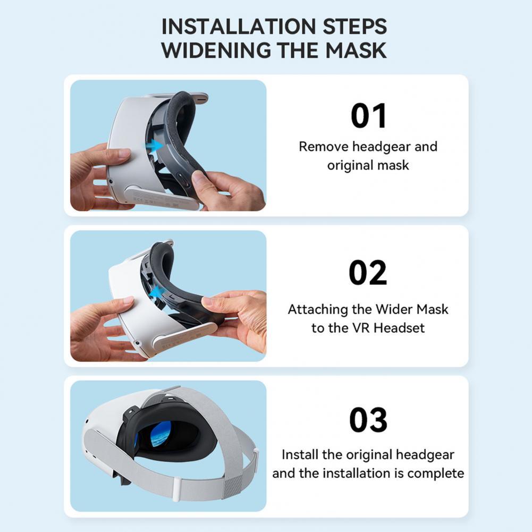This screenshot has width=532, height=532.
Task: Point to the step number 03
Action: coord(368,420)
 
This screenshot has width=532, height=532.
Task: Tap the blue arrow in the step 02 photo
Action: coord(156,292)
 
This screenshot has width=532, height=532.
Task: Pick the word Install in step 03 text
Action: coord(300,455)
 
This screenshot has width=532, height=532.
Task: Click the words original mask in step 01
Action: coord(368,165)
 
